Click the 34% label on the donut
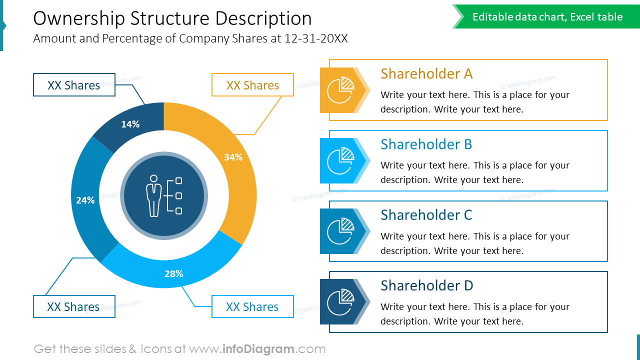[x=233, y=157]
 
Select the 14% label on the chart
[x=130, y=124]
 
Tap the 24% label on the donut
[x=85, y=200]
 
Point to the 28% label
[x=174, y=273]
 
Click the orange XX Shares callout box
[x=252, y=85]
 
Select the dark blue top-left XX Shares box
[x=74, y=85]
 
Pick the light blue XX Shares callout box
[x=252, y=306]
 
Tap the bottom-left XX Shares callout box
[x=74, y=306]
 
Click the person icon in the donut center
[x=154, y=195]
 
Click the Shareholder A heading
[x=426, y=74]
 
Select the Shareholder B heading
[x=426, y=144]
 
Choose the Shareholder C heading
[x=426, y=215]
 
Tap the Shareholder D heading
[x=426, y=286]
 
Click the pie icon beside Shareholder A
[x=340, y=90]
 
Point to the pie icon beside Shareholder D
[x=340, y=302]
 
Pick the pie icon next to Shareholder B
[x=340, y=160]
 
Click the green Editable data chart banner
[x=547, y=17]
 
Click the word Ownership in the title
[x=79, y=19]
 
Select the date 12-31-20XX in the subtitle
[x=316, y=38]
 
